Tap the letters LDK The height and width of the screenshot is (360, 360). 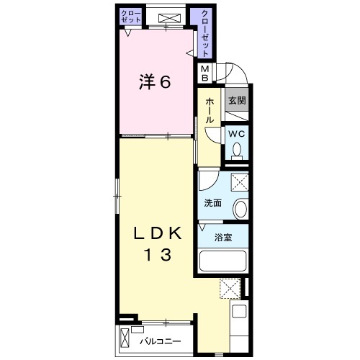[x=156, y=234]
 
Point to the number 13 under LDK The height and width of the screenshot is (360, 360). [x=156, y=255]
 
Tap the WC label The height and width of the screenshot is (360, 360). [x=237, y=135]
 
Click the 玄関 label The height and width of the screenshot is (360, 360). [x=237, y=101]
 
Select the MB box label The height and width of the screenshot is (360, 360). [x=205, y=73]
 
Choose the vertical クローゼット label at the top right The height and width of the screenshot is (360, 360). [x=204, y=33]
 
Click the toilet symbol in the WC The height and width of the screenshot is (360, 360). [x=237, y=150]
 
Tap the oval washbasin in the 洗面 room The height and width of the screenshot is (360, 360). [x=240, y=209]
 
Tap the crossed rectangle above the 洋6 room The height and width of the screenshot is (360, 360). [x=168, y=17]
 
